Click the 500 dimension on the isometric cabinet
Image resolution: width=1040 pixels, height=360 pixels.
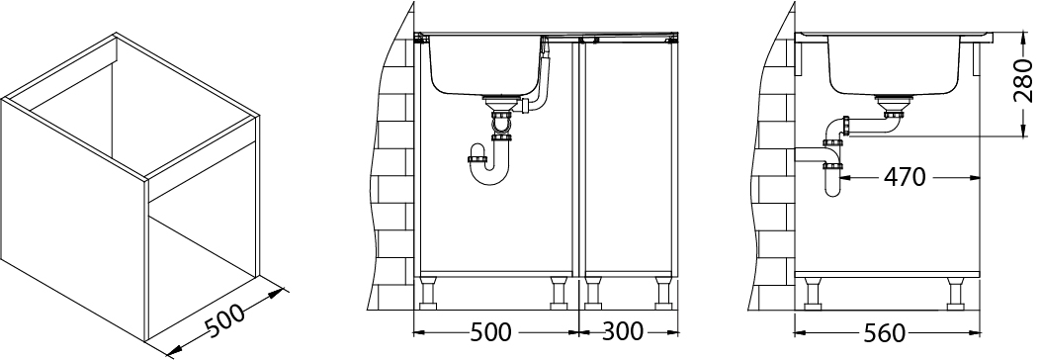coord(224,319)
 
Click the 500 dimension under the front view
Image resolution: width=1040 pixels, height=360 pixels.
coord(490,332)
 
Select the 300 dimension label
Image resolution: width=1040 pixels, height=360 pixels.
coord(622,331)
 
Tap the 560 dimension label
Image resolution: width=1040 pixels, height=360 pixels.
coord(885,333)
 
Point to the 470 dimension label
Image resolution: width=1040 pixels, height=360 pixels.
coord(904,177)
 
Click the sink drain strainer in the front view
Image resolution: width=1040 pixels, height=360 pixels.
coord(503,102)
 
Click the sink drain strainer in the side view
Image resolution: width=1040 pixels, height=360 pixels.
coord(894,102)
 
